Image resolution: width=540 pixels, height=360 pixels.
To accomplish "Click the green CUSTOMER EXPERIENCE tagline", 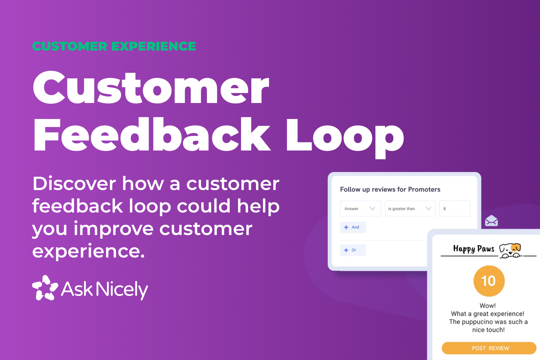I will pos(114,46).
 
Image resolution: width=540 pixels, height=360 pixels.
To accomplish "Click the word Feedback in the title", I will pos(152,135).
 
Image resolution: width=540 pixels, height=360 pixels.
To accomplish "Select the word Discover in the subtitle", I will pos(74,184).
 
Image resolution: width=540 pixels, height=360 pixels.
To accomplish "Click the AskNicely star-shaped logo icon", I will pos(45,288).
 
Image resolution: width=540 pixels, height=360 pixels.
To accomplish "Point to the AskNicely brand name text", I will pos(105,289).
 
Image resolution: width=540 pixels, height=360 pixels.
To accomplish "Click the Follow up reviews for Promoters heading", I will pos(390,189).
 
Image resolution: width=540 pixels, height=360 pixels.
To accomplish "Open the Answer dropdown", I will pos(360,209).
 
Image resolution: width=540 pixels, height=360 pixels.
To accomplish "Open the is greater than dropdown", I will pos(410,209).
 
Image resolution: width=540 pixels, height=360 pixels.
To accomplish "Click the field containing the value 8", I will pos(454,209).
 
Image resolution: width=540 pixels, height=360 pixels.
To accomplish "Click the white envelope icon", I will pos(491,221).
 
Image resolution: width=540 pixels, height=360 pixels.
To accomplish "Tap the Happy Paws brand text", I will pos(474,249).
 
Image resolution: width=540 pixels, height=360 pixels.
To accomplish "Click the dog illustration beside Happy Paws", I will pos(510,250).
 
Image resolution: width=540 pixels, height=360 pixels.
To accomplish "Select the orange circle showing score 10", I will pos(489,281).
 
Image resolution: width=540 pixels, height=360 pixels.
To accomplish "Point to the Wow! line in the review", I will pos(488,306).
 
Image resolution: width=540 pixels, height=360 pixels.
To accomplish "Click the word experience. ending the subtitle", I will pos(88,251).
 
